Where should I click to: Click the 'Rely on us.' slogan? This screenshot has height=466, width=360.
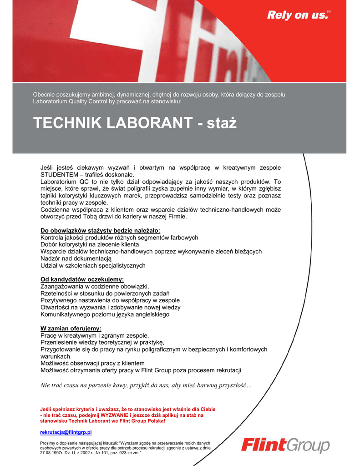[x=297, y=15]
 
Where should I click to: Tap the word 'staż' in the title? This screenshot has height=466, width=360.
[x=222, y=123]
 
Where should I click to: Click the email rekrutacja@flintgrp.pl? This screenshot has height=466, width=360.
[x=66, y=431]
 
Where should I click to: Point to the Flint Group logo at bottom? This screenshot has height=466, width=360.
[x=285, y=445]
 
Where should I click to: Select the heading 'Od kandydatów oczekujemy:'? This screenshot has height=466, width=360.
[x=82, y=279]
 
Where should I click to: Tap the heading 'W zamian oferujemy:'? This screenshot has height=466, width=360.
[x=71, y=328]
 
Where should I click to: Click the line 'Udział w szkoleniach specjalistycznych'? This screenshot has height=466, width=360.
[x=93, y=265]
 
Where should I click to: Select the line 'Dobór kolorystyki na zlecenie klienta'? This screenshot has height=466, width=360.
[x=90, y=244]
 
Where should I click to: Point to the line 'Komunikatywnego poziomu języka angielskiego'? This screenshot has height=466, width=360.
[x=105, y=314]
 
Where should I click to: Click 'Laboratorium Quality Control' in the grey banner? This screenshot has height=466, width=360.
[x=69, y=101]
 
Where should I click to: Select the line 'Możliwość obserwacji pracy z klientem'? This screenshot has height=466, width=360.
[x=92, y=363]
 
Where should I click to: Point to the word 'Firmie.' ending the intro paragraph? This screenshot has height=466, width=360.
[x=176, y=217]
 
